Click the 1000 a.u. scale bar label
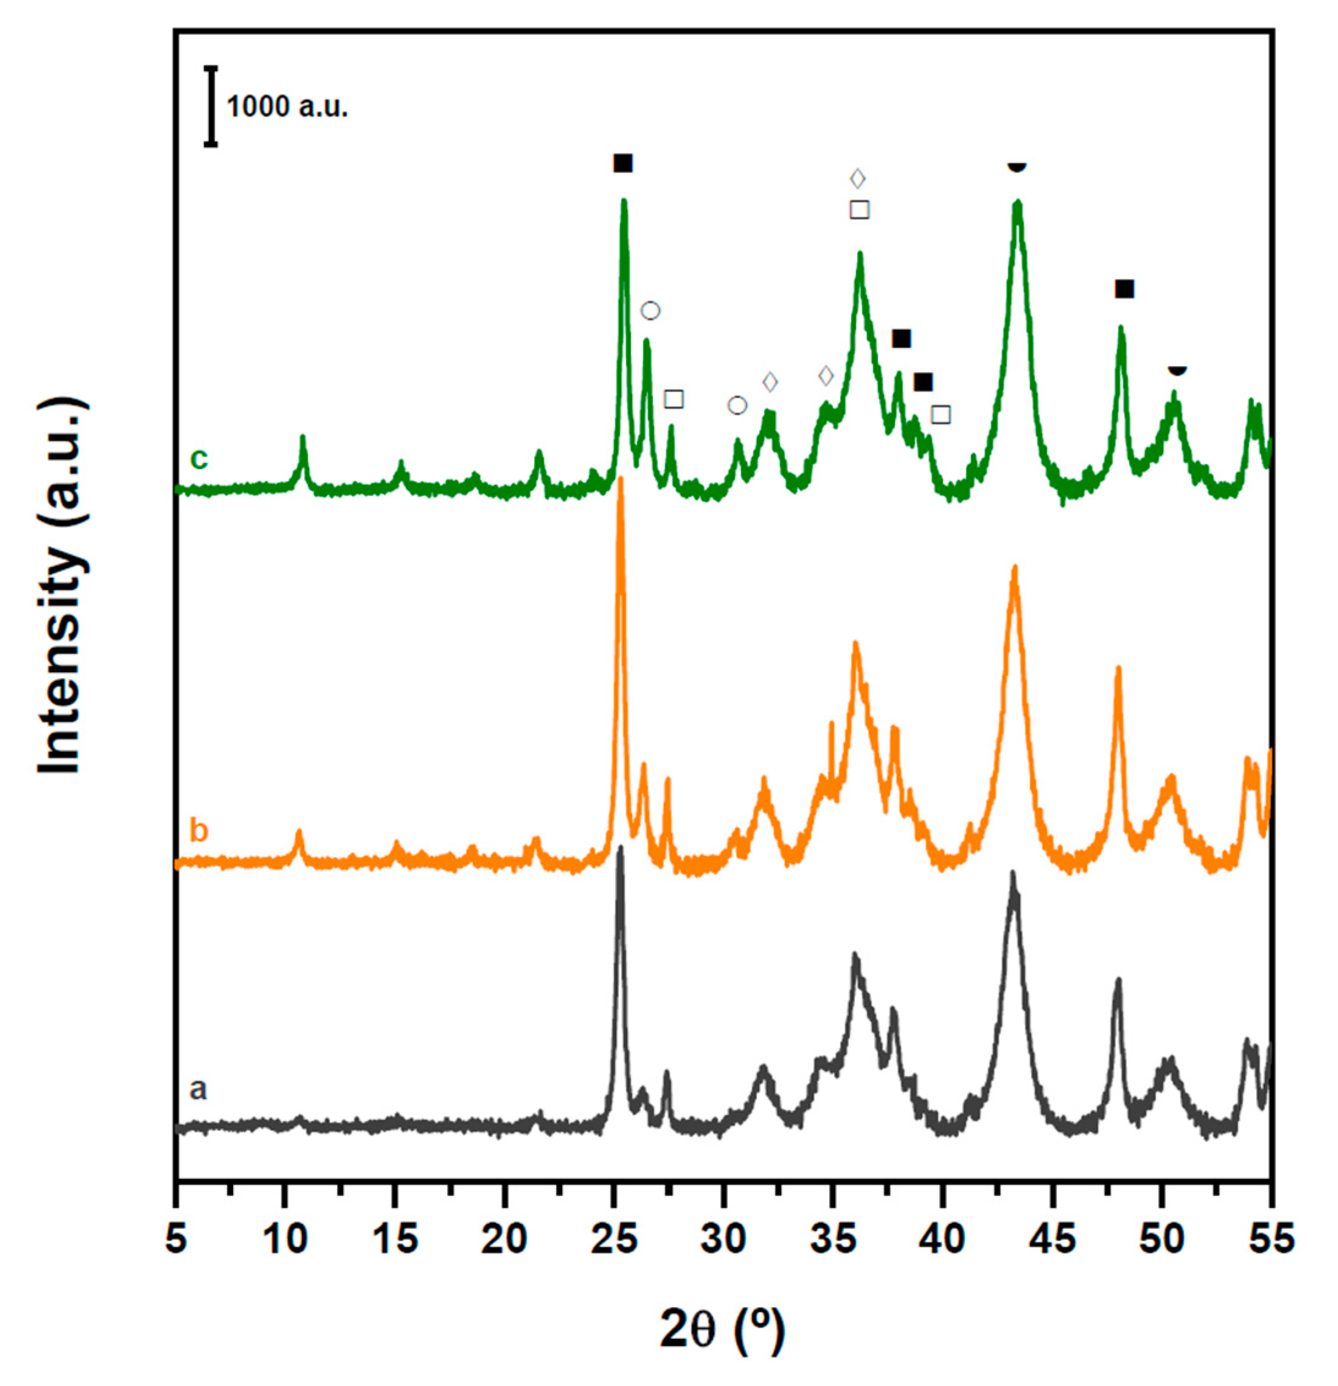click(x=286, y=107)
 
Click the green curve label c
click(x=199, y=459)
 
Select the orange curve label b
click(x=199, y=830)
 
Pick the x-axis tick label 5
click(x=176, y=1240)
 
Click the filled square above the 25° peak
click(x=622, y=164)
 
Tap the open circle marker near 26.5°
click(x=650, y=311)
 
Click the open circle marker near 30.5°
click(x=737, y=405)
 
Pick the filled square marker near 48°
click(x=1124, y=289)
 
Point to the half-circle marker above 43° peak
click(x=1016, y=166)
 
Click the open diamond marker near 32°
click(x=770, y=382)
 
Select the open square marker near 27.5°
click(x=674, y=399)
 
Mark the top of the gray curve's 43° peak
click(x=1012, y=873)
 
